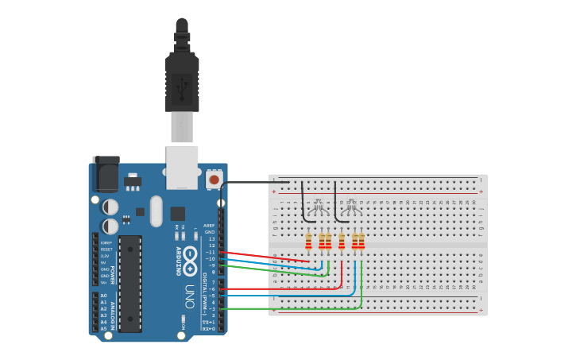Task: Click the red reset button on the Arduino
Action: pos(213,180)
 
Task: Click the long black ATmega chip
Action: pos(130,283)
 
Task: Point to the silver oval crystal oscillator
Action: pos(156,211)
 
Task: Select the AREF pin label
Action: pos(210,226)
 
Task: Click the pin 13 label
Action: pos(211,238)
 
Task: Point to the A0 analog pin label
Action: pos(103,296)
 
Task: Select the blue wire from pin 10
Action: pos(270,263)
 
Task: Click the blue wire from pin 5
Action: pos(286,295)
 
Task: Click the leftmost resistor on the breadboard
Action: pos(309,240)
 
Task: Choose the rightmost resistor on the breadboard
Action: pos(361,240)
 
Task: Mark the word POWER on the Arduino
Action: pos(113,274)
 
